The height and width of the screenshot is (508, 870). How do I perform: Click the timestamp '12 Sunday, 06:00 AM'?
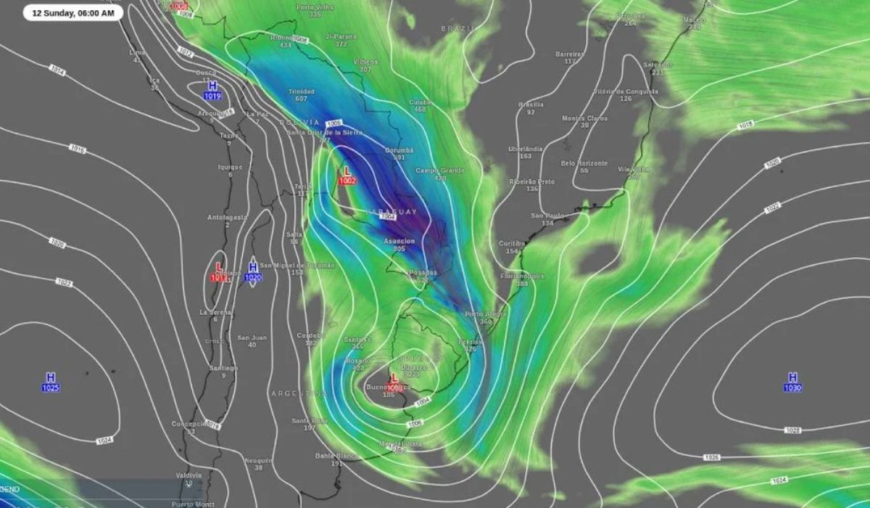pyautogui.click(x=72, y=12)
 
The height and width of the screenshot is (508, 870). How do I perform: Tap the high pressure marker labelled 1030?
pyautogui.click(x=792, y=382)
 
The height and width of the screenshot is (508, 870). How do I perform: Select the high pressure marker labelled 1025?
pyautogui.click(x=50, y=382)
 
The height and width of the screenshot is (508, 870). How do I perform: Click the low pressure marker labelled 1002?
pyautogui.click(x=347, y=175)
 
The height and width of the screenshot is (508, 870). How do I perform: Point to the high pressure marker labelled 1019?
pyautogui.click(x=212, y=90)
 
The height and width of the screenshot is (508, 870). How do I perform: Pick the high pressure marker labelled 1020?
pyautogui.click(x=252, y=271)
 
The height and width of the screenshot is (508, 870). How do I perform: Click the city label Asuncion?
pyautogui.click(x=399, y=241)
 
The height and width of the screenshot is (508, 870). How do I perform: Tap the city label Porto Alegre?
pyautogui.click(x=485, y=314)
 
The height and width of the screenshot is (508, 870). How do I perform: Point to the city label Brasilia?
pyautogui.click(x=531, y=105)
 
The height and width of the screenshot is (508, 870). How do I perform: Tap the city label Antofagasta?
pyautogui.click(x=228, y=217)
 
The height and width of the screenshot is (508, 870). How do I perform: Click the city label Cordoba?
pyautogui.click(x=310, y=335)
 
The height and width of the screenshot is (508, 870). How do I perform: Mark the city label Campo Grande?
pyautogui.click(x=439, y=170)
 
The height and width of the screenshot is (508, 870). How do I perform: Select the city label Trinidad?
pyautogui.click(x=301, y=91)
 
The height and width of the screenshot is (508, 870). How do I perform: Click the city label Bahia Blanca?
pyautogui.click(x=336, y=456)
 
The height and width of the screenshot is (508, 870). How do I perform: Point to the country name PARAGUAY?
pyautogui.click(x=391, y=211)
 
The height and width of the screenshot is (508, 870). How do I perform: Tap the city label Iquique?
pyautogui.click(x=230, y=167)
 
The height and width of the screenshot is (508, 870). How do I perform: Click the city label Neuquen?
pyautogui.click(x=258, y=460)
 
